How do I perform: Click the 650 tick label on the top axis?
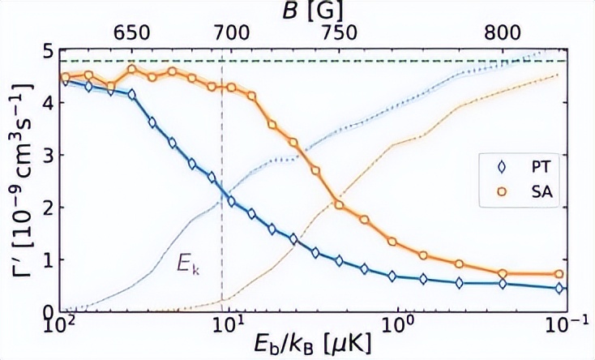tap(133, 32)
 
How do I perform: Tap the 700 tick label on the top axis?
tap(230, 32)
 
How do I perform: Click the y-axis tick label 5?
tap(47, 50)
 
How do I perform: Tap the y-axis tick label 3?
tap(47, 155)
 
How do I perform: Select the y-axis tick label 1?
tap(47, 259)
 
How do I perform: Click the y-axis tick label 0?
tap(47, 312)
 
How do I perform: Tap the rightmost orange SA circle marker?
tap(559, 274)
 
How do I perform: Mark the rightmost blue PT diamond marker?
tap(559, 289)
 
